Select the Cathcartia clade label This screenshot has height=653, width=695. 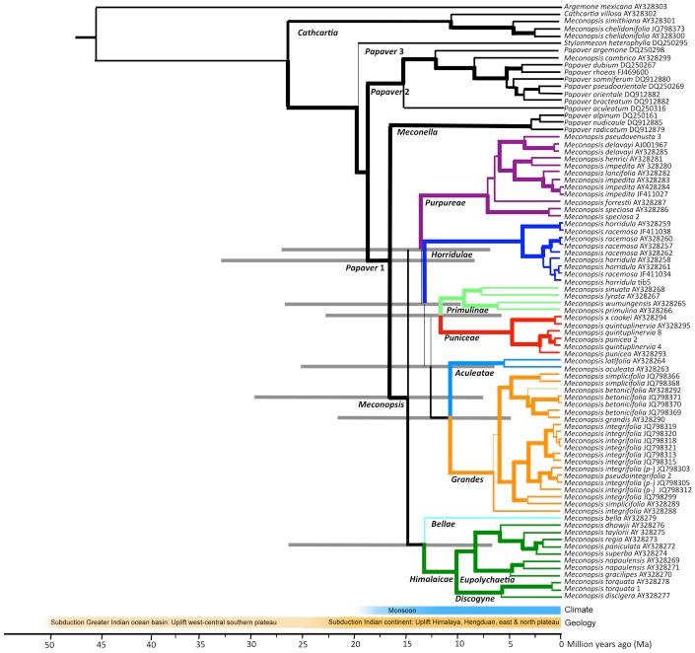pyautogui.click(x=317, y=35)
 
